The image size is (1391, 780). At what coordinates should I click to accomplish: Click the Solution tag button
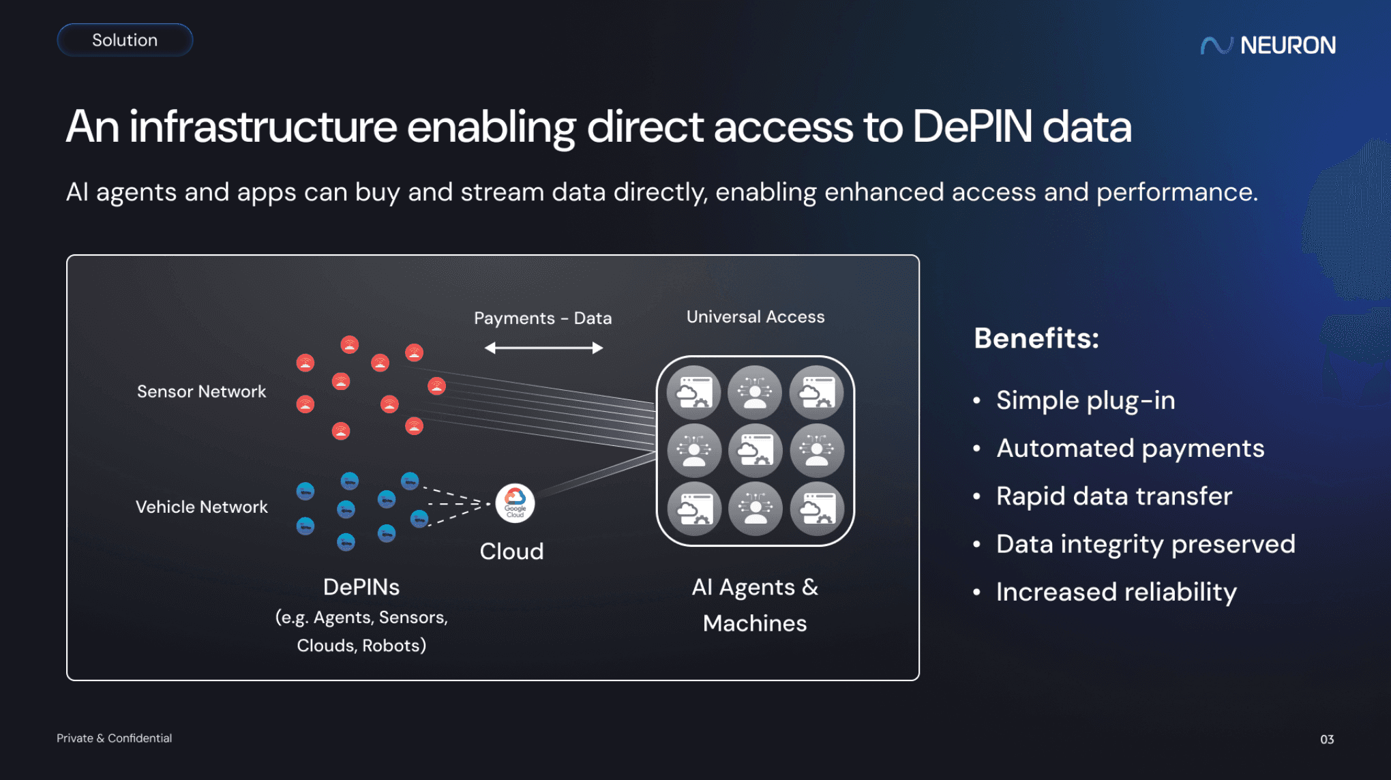[x=125, y=40]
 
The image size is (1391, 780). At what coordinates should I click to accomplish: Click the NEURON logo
[x=1268, y=45]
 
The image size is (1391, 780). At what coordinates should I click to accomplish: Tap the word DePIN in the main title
[x=972, y=127]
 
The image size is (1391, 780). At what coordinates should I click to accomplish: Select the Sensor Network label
[x=201, y=391]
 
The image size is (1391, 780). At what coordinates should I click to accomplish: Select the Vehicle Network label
[x=201, y=507]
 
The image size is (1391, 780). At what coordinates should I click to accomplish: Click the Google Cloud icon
[x=515, y=503]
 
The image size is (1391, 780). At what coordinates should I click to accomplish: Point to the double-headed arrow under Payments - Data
[x=543, y=348]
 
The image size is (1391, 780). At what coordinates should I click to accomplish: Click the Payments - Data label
[x=543, y=318]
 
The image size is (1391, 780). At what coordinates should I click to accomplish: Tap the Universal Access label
[x=755, y=316]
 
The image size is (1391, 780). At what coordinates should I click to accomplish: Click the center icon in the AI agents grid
[x=755, y=451]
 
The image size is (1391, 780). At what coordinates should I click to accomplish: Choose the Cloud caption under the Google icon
[x=511, y=551]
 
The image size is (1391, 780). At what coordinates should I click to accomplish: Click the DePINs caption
[x=361, y=587]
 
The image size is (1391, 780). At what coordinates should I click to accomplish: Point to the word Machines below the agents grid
[x=754, y=623]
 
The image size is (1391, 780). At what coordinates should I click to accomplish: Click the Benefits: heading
[x=1036, y=338]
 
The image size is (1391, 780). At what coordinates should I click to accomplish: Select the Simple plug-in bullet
[x=1085, y=400]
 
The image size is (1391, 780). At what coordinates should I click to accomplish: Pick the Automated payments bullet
[x=1130, y=448]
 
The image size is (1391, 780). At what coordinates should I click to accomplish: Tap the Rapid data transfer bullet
[x=1113, y=496]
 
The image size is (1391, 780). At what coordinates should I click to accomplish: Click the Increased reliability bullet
[x=1116, y=592]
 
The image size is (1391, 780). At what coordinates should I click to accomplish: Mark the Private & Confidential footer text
[x=114, y=738]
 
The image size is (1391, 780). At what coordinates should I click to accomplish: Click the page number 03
[x=1326, y=739]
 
